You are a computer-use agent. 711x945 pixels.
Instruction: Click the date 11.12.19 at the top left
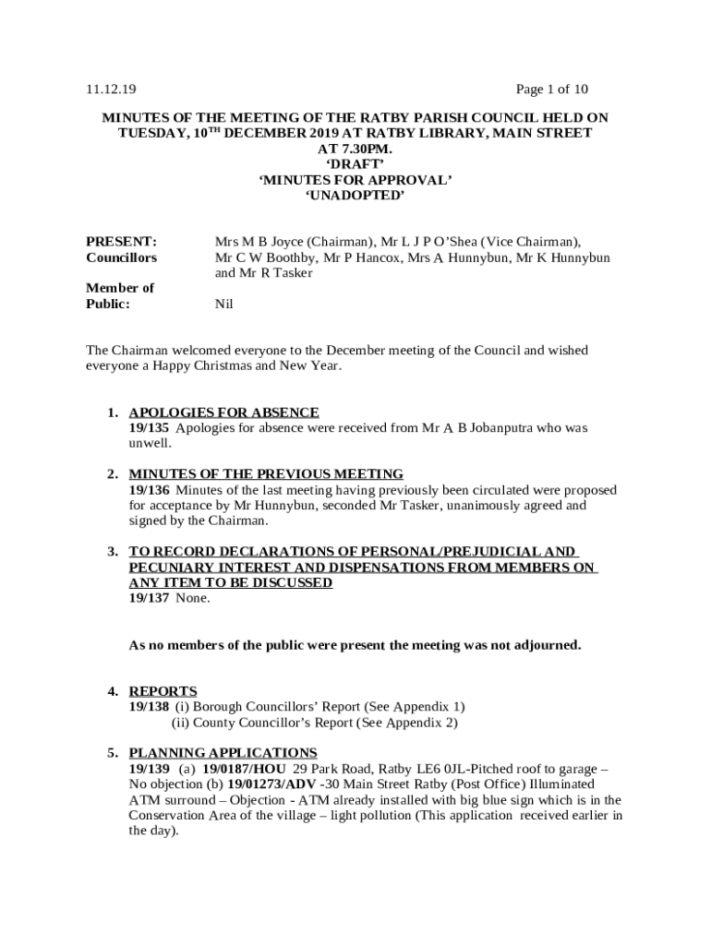tap(111, 90)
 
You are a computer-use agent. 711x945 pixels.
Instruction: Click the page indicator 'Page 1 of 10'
tap(552, 90)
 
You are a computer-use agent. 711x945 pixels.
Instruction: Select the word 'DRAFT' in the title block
tap(355, 164)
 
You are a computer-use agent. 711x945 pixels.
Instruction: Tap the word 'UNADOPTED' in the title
tap(355, 196)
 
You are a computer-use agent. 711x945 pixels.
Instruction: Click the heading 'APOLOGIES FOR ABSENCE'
tap(223, 412)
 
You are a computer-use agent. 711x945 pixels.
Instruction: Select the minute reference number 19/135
tap(149, 428)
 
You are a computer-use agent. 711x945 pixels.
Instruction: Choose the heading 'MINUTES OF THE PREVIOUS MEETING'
tap(266, 474)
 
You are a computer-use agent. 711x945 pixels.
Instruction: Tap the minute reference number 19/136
tap(149, 490)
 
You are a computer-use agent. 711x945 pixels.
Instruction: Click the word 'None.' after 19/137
tap(193, 598)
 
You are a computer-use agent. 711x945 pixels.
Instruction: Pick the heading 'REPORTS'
tap(163, 691)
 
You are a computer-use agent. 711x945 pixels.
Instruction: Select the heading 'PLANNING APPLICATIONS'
tap(223, 753)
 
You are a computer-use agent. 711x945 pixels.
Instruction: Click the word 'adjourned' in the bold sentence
tap(547, 645)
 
